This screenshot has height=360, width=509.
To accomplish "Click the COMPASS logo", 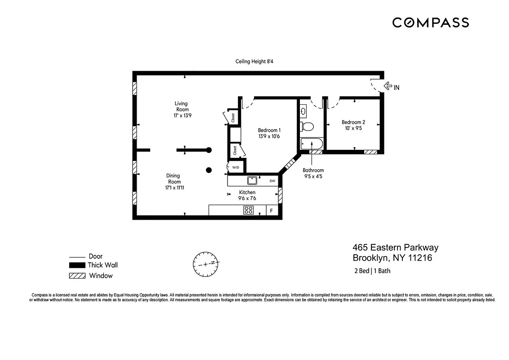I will (430, 22).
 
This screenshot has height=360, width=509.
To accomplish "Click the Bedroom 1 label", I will (269, 130).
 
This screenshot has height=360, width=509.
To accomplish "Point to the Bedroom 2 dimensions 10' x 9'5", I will (353, 128).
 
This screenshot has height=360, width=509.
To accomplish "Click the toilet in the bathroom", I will (308, 126).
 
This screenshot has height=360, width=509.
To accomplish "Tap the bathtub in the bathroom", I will (311, 144).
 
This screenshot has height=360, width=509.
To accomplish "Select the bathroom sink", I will (304, 110).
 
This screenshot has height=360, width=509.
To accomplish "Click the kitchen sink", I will (252, 181).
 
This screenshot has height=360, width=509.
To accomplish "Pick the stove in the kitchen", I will (248, 210).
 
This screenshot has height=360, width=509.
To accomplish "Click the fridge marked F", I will (271, 210).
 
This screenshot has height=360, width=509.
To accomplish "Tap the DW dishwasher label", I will (272, 181).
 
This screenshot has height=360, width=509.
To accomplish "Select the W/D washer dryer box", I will (236, 167).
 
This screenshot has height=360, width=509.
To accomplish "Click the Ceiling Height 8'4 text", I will (254, 62).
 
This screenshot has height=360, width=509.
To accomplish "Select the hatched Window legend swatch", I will (77, 276).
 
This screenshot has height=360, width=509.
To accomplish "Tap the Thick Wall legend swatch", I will (77, 265).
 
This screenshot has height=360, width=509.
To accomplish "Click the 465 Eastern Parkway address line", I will (395, 247).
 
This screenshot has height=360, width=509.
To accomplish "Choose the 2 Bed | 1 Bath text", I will (371, 271).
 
